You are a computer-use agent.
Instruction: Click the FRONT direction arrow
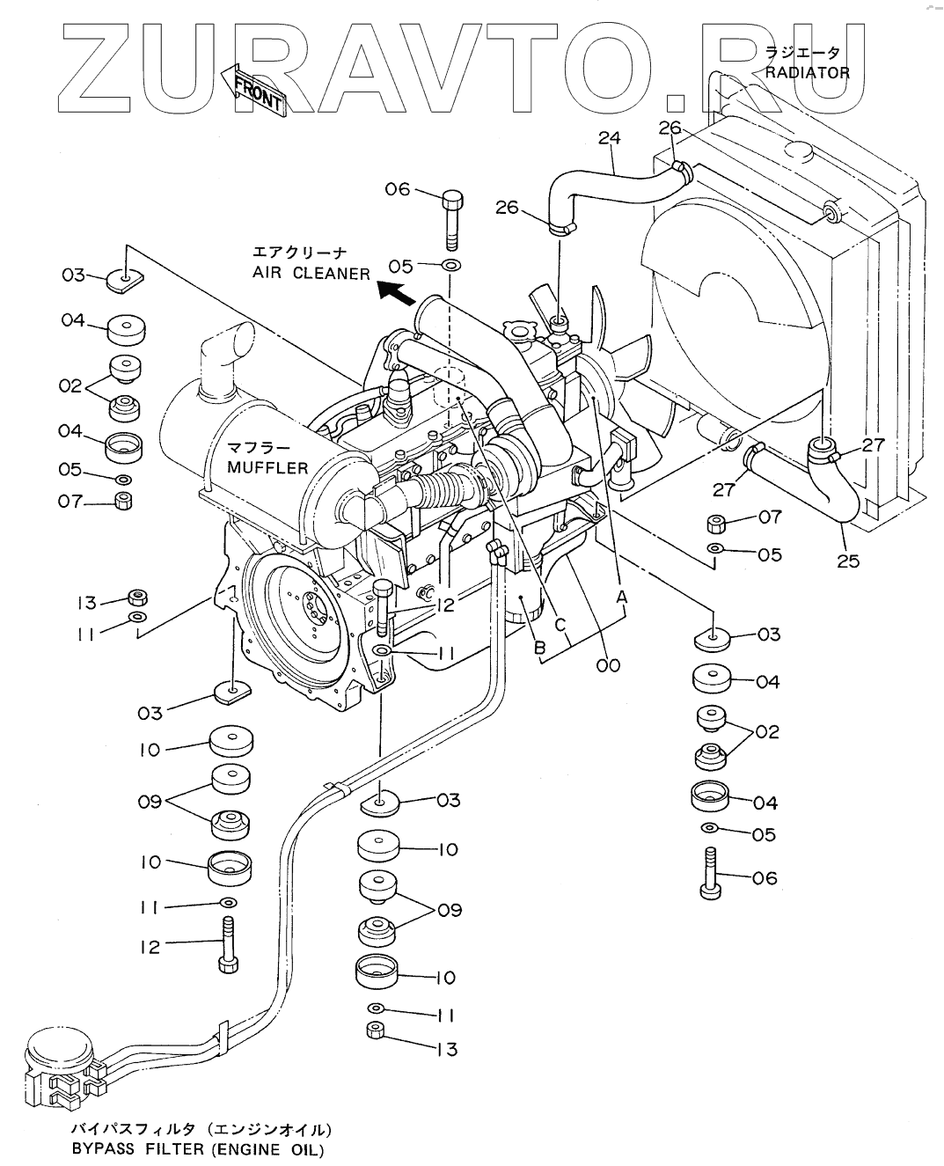[x=255, y=89]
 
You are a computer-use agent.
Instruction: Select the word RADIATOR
[x=807, y=72]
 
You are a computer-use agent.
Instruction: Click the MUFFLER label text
[x=268, y=466]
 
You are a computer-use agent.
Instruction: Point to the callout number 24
[x=610, y=137]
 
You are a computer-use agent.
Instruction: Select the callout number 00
[x=607, y=665]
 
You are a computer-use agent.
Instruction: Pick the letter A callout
[x=622, y=597]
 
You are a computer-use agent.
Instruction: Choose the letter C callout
[x=560, y=623]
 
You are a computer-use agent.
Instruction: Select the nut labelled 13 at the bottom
[x=376, y=1032]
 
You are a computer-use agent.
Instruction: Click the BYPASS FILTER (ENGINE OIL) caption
[x=197, y=1150]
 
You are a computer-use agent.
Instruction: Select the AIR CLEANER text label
[x=311, y=274]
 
